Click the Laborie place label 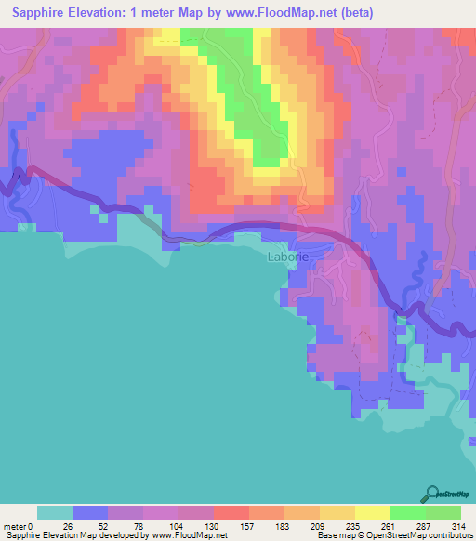(285, 257)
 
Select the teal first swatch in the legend (54, 512)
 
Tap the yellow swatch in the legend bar (372, 512)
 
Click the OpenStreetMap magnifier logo (432, 494)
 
